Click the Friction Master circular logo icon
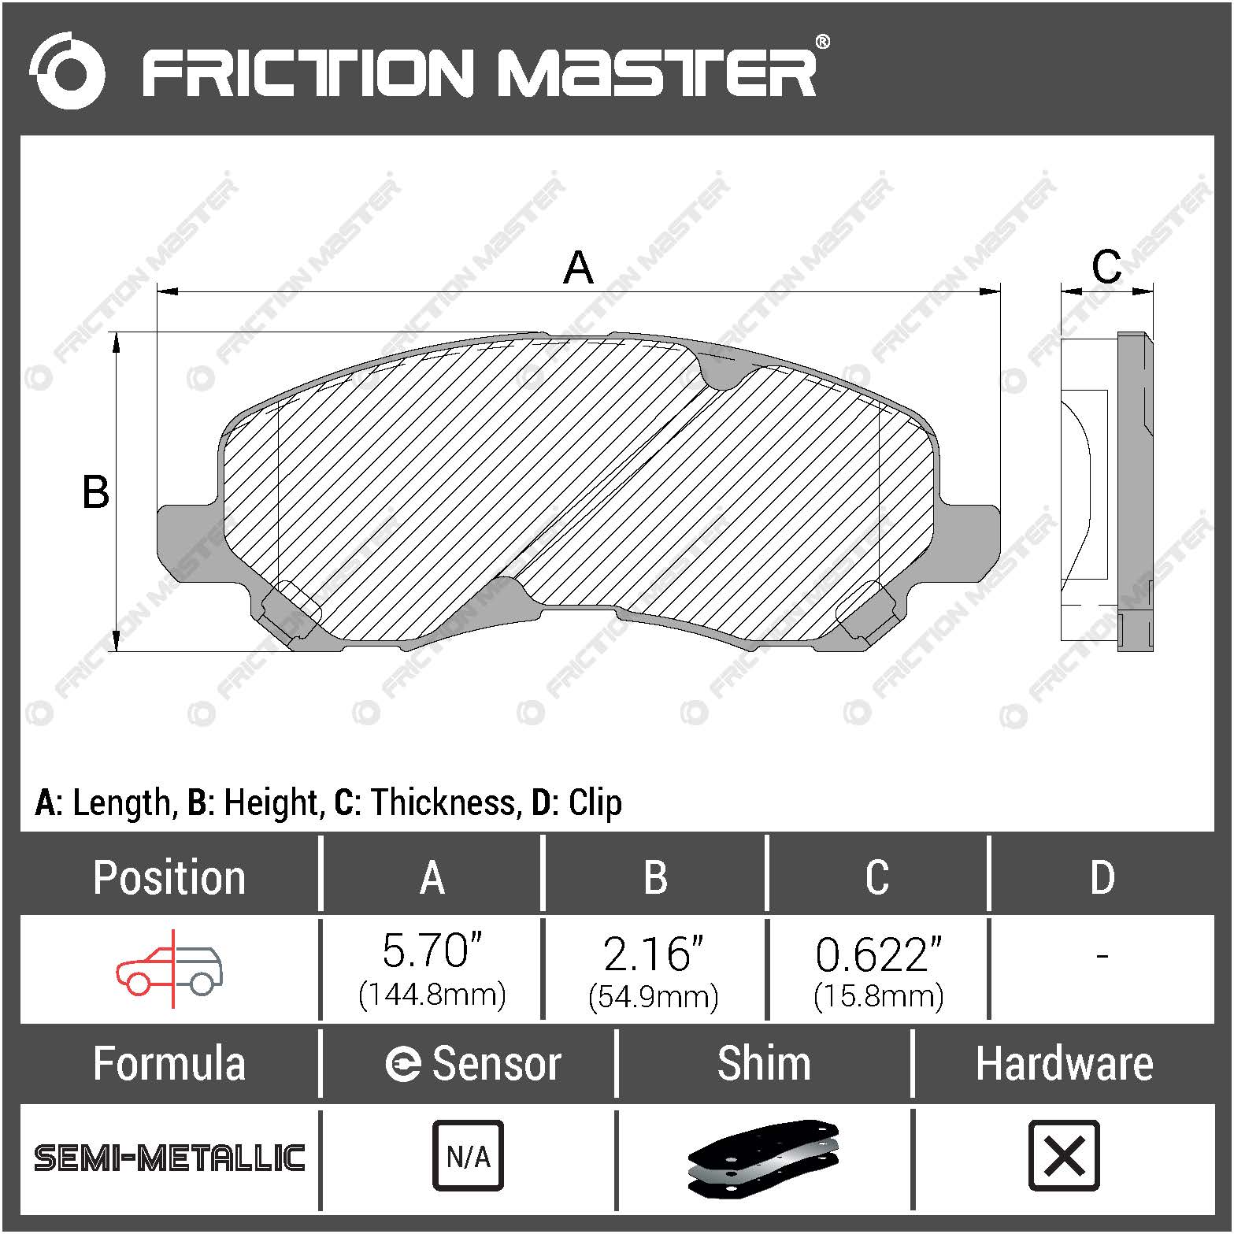(x=67, y=70)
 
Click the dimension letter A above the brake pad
(x=578, y=268)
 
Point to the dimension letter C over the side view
(x=1106, y=266)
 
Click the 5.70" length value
(x=432, y=951)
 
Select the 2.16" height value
(x=654, y=954)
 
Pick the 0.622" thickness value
(x=878, y=955)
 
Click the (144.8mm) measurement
(x=432, y=995)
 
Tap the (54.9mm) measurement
(x=654, y=996)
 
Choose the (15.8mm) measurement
(x=878, y=996)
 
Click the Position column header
(x=169, y=877)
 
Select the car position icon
(x=169, y=969)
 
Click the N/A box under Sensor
(x=468, y=1156)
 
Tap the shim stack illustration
(x=763, y=1156)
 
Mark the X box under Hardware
(x=1064, y=1156)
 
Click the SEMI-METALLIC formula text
(x=169, y=1158)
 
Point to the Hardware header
(x=1064, y=1064)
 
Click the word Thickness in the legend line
(x=443, y=802)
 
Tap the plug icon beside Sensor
(x=402, y=1065)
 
